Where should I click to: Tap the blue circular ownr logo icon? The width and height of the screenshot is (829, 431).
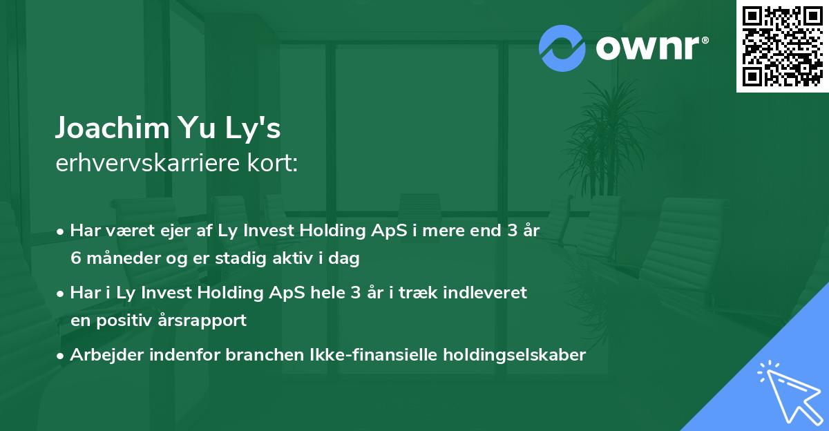click(x=562, y=48)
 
